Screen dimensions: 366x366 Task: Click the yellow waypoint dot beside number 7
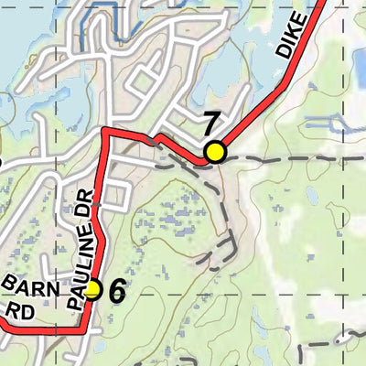215,152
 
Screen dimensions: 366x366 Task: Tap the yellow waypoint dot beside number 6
91,290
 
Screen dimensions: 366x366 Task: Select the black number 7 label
211,124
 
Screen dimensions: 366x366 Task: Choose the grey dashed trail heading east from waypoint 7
293,157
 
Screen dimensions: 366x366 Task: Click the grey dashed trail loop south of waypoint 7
224,229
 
